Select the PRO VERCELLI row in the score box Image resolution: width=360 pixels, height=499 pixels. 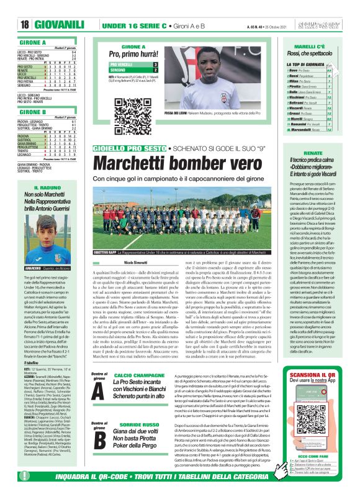pos(133,64)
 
